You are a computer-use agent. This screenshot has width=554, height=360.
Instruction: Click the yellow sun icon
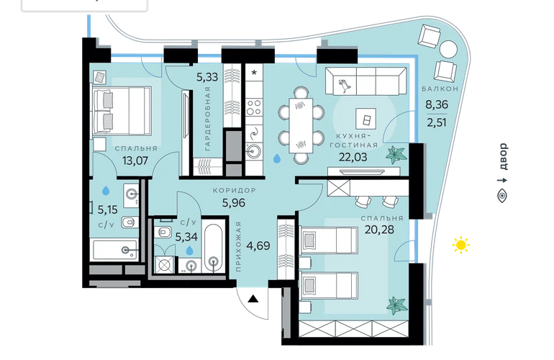pyautogui.click(x=461, y=245)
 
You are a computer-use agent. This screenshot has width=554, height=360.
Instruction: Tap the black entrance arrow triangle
pyautogui.click(x=253, y=299)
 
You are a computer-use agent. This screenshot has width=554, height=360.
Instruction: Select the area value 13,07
pyautogui.click(x=135, y=161)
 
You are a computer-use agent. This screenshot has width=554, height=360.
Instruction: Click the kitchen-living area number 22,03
pyautogui.click(x=353, y=157)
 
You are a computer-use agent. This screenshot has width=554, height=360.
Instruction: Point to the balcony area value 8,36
pyautogui.click(x=437, y=104)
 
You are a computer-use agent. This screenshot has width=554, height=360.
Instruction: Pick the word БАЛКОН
pyautogui.click(x=440, y=89)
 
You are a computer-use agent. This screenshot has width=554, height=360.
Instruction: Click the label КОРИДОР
pyautogui.click(x=235, y=191)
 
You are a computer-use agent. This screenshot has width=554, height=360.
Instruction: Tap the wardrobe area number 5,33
pyautogui.click(x=207, y=77)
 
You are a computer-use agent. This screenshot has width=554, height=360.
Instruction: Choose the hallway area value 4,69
pyautogui.click(x=258, y=246)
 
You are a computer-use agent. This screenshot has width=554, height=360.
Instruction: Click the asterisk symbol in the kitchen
pyautogui.click(x=254, y=73)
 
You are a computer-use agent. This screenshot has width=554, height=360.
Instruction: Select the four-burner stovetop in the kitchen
pyautogui.click(x=254, y=107)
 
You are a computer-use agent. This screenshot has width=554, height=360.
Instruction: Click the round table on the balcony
pyautogui.click(x=449, y=49)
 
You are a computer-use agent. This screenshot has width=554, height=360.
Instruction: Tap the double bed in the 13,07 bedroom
pyautogui.click(x=122, y=110)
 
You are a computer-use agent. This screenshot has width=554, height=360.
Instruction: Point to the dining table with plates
pyautogui.click(x=301, y=125)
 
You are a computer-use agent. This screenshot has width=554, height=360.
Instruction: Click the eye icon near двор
pyautogui.click(x=502, y=196)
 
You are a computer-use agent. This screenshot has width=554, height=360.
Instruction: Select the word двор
pyautogui.click(x=503, y=156)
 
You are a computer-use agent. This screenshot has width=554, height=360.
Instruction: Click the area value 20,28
pyautogui.click(x=379, y=230)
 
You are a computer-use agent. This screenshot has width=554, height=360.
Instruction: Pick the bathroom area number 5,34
pyautogui.click(x=186, y=237)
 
